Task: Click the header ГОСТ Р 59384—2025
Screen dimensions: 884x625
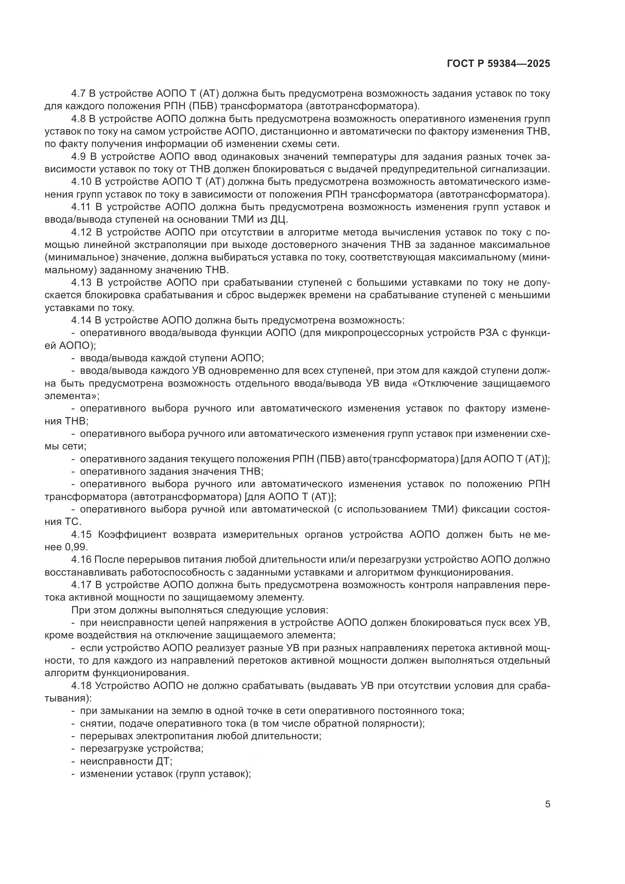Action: click(498, 64)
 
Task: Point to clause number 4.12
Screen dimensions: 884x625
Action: click(81, 232)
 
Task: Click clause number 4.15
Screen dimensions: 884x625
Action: click(81, 534)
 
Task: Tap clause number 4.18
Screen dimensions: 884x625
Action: click(81, 686)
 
